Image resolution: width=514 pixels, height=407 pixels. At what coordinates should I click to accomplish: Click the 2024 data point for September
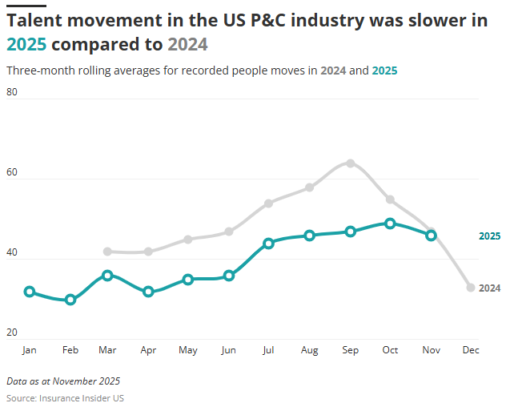(350, 163)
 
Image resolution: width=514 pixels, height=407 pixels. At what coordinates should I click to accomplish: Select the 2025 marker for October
(390, 224)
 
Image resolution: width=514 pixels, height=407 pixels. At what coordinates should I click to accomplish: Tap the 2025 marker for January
(30, 292)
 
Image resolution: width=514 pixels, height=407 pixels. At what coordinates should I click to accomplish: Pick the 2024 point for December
(471, 288)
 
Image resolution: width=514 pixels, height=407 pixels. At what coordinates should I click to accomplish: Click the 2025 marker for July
(269, 244)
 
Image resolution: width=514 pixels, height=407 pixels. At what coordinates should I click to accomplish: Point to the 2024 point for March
(108, 252)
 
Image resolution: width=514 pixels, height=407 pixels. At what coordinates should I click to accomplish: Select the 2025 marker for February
(70, 300)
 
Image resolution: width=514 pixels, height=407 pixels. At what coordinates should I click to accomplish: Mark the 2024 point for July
(269, 203)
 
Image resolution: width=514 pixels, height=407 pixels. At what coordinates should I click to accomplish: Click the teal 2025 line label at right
(489, 236)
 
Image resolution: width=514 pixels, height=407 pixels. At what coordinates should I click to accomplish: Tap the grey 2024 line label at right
(489, 288)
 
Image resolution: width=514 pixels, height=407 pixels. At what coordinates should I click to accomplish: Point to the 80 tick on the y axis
(12, 92)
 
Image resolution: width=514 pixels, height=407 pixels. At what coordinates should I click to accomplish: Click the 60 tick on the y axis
(12, 172)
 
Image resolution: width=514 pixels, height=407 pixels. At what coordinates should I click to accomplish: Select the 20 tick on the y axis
(12, 332)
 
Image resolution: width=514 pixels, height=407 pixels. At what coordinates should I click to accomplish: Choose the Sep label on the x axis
(350, 350)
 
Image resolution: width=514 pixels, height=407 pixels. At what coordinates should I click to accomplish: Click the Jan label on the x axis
(30, 350)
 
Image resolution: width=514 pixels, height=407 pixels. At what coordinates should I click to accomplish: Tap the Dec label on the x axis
(471, 350)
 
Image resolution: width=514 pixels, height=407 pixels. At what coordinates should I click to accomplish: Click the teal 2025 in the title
(26, 44)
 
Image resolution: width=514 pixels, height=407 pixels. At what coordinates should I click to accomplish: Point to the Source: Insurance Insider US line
(65, 398)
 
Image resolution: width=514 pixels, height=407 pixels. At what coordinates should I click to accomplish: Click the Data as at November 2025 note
(63, 381)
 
